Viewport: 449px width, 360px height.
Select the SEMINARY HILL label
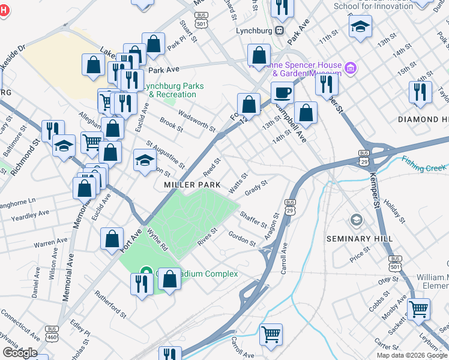tap(360, 239)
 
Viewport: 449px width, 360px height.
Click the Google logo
tap(20, 353)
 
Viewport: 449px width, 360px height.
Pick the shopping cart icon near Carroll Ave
tap(271, 334)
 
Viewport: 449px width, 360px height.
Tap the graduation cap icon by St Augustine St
tap(144, 160)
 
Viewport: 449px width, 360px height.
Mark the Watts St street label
tap(238, 183)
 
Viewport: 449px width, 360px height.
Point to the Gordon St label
tap(242, 238)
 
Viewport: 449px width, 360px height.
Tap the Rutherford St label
tap(110, 304)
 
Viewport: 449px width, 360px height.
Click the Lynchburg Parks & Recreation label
tap(171, 90)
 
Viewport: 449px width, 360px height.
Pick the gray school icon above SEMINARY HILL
tap(357, 221)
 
